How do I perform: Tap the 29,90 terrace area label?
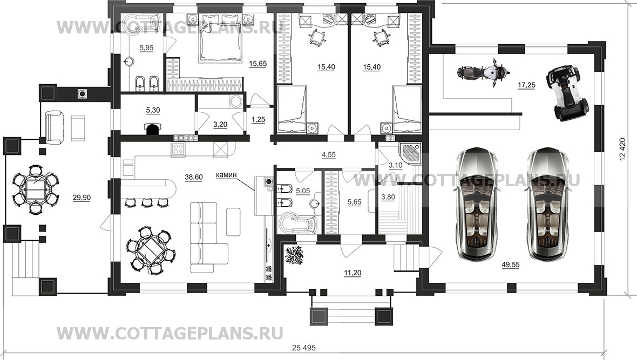tap(82, 198)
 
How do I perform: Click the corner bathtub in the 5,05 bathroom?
tap(295, 222)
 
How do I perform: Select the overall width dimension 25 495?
tap(317, 345)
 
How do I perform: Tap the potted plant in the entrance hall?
tap(296, 255)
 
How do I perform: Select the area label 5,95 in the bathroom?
tap(147, 48)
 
